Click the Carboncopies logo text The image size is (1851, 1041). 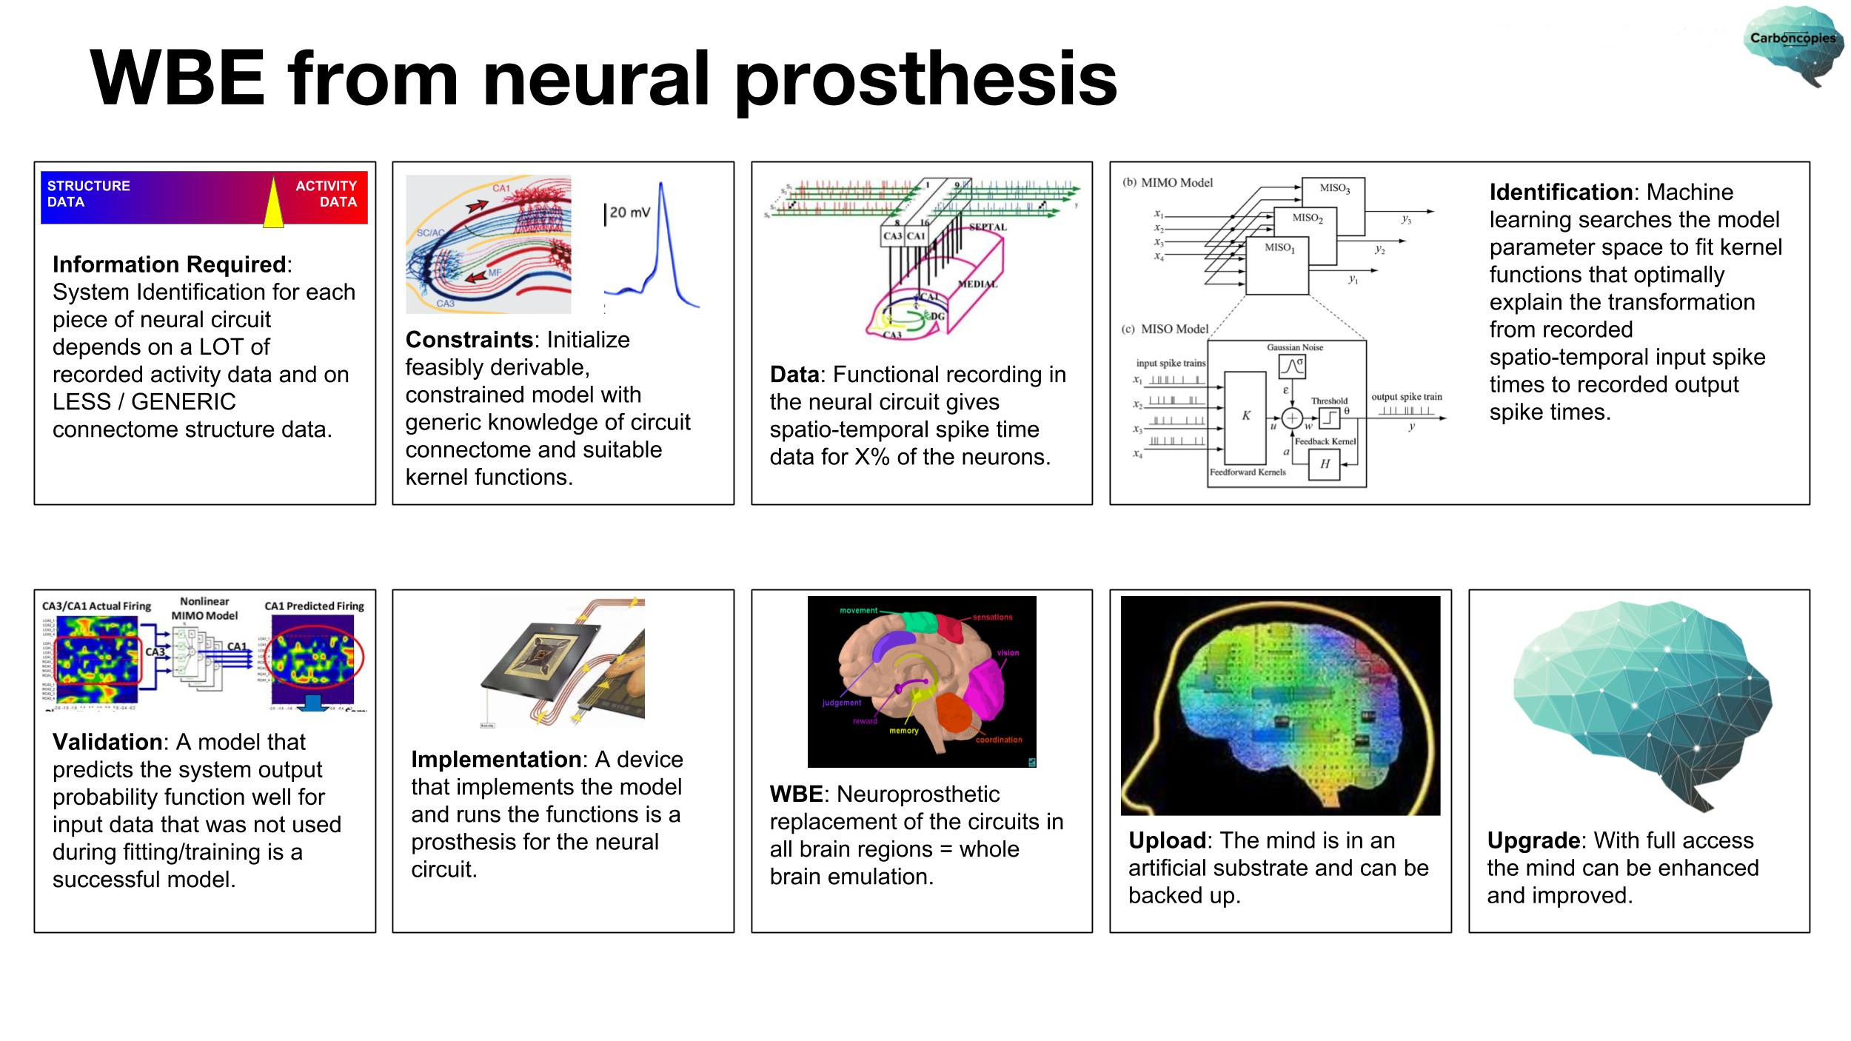1793,38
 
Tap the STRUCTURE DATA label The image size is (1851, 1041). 88,194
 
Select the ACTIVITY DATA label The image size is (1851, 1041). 326,194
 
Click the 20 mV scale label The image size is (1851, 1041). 629,212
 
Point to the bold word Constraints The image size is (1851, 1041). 469,340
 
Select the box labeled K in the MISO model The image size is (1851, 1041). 1245,417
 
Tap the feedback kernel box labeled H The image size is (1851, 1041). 1324,464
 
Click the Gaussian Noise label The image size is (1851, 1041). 1294,347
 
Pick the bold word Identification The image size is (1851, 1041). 1560,193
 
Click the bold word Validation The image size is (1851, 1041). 107,742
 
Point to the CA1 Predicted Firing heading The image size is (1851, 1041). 314,606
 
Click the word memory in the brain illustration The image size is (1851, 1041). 903,731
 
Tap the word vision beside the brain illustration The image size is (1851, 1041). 1008,652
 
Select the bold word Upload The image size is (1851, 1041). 1167,840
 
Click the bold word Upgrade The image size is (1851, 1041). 1533,840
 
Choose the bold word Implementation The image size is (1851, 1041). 496,760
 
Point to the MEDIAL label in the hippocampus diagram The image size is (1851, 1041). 978,284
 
